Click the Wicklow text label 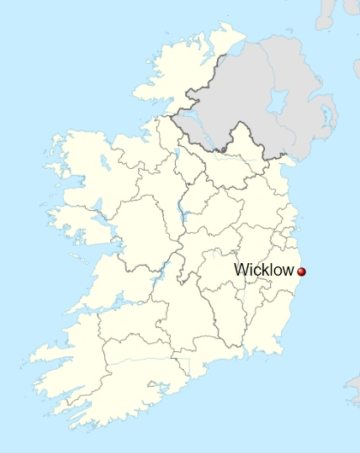click(x=264, y=270)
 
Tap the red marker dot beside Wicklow click(x=301, y=271)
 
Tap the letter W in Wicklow click(x=242, y=270)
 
